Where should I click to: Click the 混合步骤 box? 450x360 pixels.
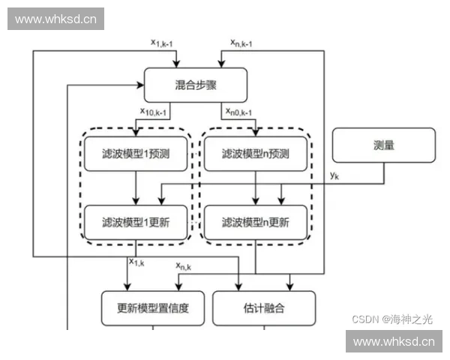point(195,84)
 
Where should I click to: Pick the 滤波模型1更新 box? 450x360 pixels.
point(136,222)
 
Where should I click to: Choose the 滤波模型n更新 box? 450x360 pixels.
point(256,222)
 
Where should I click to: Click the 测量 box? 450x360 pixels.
point(383,145)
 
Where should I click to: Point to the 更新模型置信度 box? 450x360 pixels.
point(153,307)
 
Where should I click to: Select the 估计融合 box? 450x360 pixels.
point(265,307)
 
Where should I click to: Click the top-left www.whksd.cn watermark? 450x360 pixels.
point(56,19)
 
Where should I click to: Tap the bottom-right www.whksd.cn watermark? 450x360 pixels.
point(393,342)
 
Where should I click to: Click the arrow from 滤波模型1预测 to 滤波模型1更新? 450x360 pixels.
point(136,188)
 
